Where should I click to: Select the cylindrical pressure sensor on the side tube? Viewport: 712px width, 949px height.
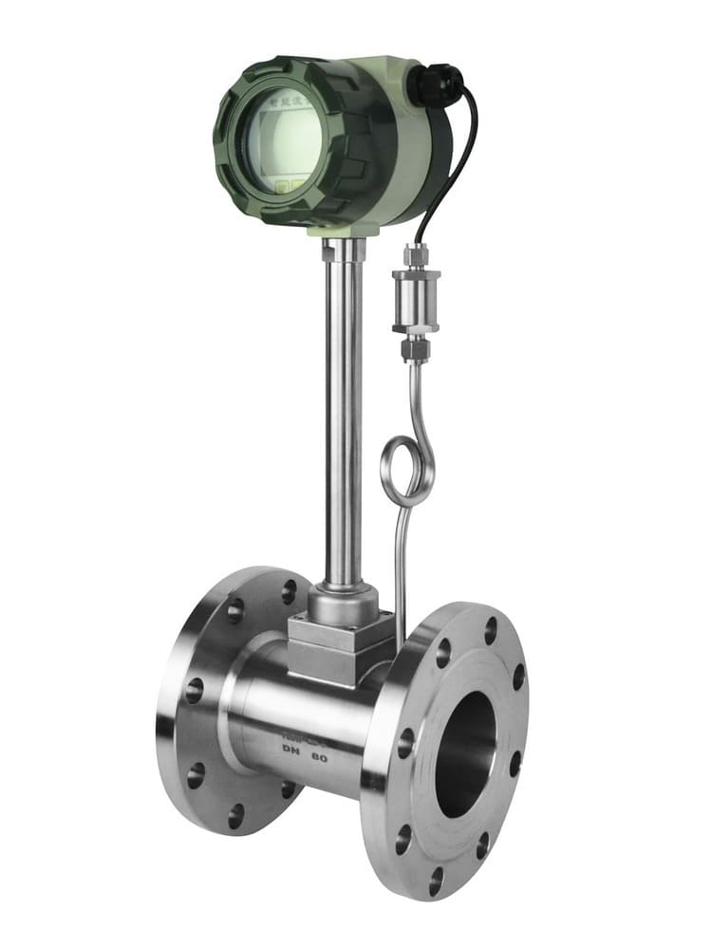click(x=415, y=302)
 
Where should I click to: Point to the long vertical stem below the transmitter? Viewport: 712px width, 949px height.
click(x=342, y=408)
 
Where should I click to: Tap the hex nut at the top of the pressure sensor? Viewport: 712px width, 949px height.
click(x=416, y=254)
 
